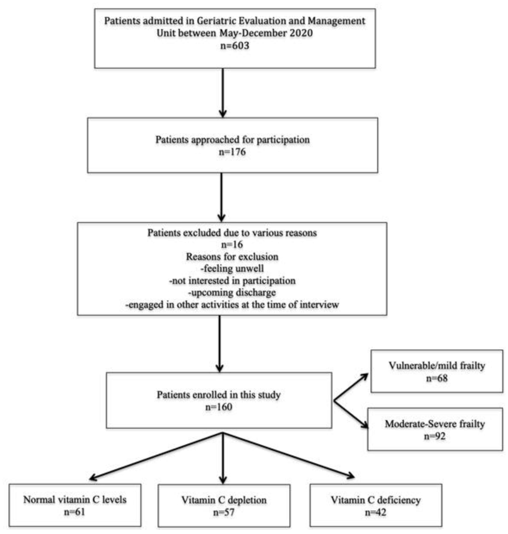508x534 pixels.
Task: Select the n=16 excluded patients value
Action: tap(232, 245)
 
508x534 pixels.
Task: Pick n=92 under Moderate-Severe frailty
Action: tap(435, 436)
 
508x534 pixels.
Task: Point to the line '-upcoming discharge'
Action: tap(232, 293)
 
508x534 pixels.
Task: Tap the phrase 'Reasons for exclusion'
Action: tap(232, 257)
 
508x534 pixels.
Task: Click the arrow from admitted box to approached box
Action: tap(223, 92)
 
